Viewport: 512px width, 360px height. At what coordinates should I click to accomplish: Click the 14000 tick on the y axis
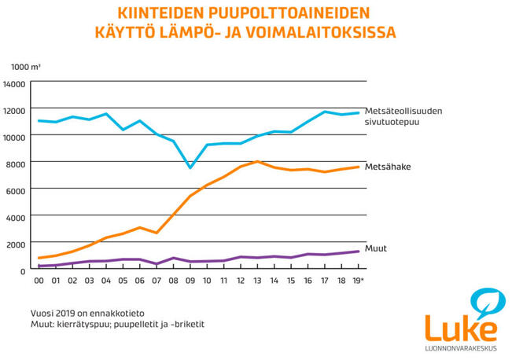[15, 83]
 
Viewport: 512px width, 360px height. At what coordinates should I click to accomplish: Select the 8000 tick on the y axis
[17, 163]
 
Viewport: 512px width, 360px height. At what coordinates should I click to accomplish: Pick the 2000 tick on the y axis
[17, 244]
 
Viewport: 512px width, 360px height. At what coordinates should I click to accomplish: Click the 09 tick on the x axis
[190, 280]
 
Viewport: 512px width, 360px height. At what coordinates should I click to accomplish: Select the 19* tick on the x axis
[358, 280]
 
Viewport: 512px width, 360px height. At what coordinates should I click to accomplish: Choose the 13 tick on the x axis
[257, 280]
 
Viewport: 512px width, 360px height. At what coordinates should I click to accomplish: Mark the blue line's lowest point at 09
[190, 167]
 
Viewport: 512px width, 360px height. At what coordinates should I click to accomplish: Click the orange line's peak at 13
[257, 162]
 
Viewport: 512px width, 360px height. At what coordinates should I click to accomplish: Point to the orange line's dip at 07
[157, 233]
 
